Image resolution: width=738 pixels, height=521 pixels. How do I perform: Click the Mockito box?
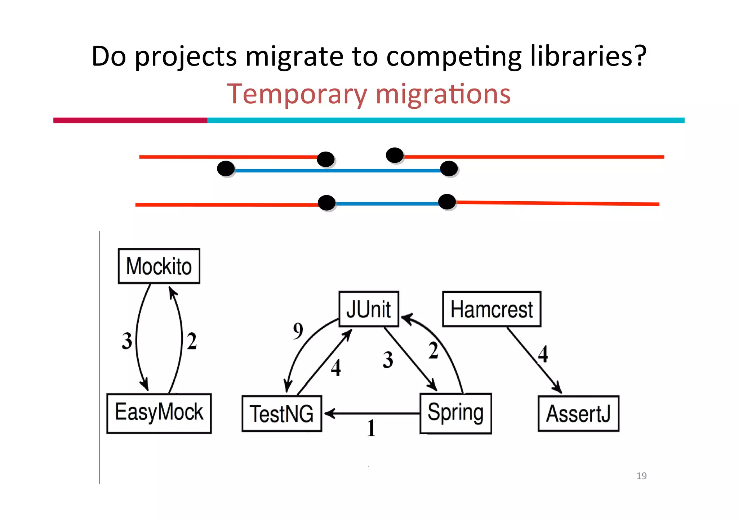(x=159, y=266)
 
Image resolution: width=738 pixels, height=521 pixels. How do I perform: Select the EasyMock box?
(x=159, y=413)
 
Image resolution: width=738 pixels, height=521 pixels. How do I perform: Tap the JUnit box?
(x=369, y=309)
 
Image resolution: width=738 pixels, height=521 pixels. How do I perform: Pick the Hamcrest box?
(x=492, y=309)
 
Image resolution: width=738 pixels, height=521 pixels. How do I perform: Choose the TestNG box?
(x=282, y=413)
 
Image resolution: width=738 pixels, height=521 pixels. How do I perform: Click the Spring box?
(x=455, y=413)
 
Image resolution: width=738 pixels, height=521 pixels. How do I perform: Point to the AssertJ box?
(x=578, y=413)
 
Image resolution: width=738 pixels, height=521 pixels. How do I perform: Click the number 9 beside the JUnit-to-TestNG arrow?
(x=298, y=331)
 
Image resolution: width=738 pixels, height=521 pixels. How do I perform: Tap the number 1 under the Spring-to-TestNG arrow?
(x=371, y=428)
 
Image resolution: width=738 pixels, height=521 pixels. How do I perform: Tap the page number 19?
(x=641, y=476)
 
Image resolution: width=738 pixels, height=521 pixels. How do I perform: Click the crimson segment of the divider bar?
(x=130, y=120)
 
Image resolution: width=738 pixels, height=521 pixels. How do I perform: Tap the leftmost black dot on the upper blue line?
(x=226, y=169)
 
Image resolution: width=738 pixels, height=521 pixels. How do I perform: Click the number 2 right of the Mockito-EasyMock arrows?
(x=192, y=341)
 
